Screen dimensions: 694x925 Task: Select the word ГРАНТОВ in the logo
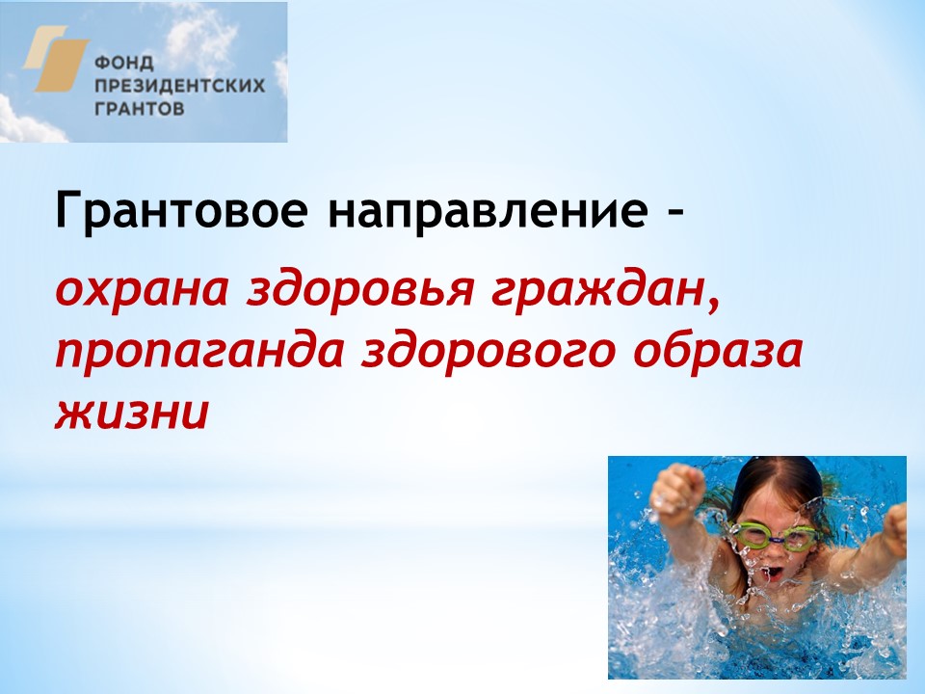click(x=139, y=109)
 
